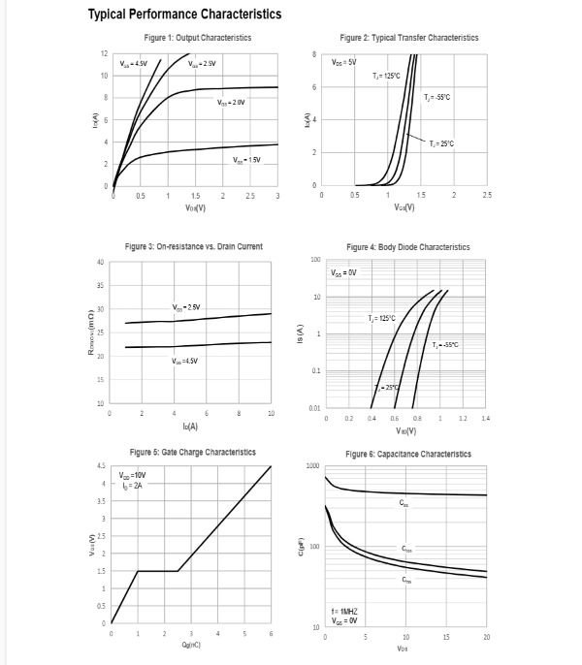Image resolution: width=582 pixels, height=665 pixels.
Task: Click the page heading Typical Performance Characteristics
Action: tap(184, 15)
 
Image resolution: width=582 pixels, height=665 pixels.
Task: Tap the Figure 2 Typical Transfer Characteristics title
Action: tap(408, 37)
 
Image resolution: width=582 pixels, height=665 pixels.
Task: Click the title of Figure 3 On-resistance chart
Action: tap(193, 247)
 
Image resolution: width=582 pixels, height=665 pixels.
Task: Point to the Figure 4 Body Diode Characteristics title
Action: tap(407, 247)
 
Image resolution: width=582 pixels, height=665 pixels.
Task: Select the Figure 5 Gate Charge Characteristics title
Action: tap(193, 452)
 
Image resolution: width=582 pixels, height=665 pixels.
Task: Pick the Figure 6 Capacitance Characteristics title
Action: tap(407, 454)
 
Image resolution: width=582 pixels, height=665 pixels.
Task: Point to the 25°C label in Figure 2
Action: tap(441, 142)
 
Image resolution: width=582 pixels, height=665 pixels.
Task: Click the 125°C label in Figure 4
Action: tap(381, 318)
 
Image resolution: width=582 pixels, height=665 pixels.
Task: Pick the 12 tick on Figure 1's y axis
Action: tap(104, 52)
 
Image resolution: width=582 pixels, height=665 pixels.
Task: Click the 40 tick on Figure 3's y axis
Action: tap(101, 263)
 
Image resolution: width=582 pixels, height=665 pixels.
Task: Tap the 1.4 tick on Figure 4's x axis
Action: tap(486, 419)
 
